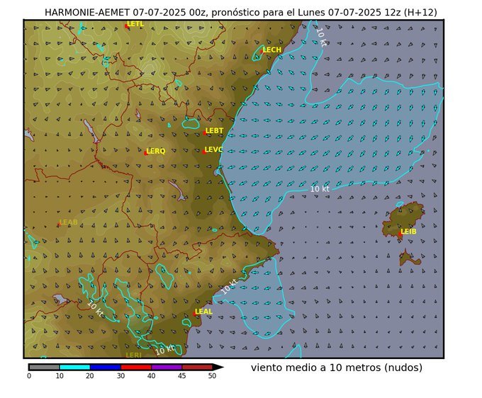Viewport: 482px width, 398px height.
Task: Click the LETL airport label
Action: (135, 24)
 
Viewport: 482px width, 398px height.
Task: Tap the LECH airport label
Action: (272, 50)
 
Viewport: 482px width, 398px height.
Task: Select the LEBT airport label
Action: (214, 131)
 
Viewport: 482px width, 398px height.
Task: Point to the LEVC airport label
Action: (213, 149)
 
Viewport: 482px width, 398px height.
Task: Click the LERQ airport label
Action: (156, 151)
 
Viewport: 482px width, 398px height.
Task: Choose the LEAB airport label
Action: (69, 222)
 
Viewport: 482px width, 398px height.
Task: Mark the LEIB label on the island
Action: (408, 232)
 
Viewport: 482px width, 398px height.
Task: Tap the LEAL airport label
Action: (203, 312)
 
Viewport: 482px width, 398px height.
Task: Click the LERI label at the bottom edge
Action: (133, 355)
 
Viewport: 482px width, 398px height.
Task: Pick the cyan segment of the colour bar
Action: (74, 367)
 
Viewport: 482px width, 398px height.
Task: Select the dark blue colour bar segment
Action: (105, 367)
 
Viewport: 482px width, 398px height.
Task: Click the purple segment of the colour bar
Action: (167, 367)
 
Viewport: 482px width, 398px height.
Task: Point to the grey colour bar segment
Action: (44, 367)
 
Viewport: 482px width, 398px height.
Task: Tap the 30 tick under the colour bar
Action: (120, 376)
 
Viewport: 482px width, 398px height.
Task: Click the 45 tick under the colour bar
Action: (182, 376)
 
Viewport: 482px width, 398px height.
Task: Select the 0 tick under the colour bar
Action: (29, 376)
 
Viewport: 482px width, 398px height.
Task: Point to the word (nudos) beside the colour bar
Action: (399, 368)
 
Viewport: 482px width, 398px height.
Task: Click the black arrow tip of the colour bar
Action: (218, 367)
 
